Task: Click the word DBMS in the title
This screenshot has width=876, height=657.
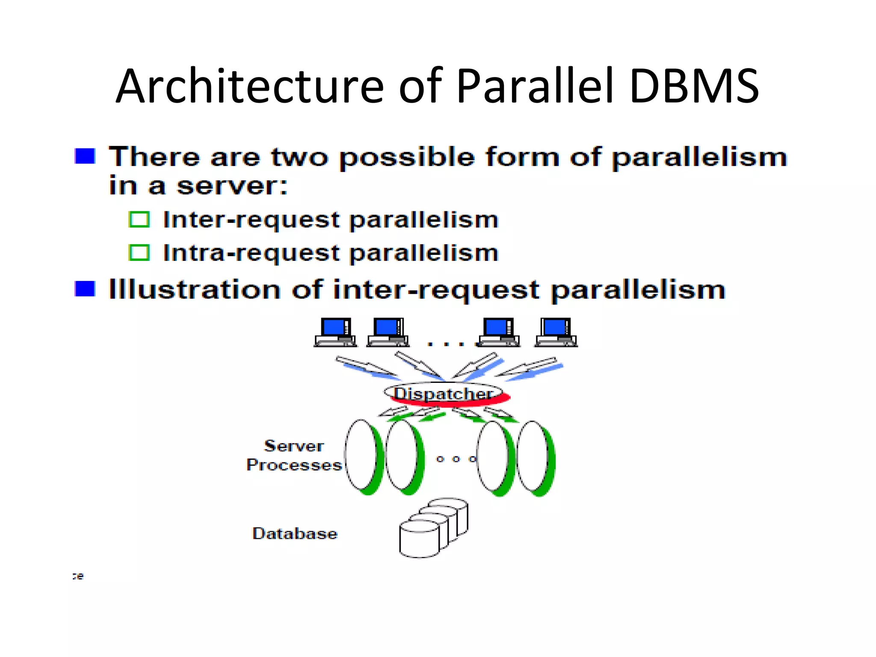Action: coord(694,86)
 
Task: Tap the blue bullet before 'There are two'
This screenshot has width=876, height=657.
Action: coord(85,156)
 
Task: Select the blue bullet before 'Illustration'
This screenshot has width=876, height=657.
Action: coord(85,289)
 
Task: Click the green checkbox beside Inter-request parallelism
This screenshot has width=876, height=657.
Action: coord(139,220)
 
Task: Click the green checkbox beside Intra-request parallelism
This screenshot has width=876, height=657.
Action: coord(139,253)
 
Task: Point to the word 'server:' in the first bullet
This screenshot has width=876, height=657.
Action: coord(232,186)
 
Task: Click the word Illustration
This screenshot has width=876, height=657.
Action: coord(195,290)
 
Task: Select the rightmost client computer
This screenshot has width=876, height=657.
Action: coord(556,332)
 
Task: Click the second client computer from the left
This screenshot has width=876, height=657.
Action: coord(388,332)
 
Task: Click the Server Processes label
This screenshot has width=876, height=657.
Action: coord(294,456)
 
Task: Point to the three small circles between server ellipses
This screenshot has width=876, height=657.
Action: coord(456,459)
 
